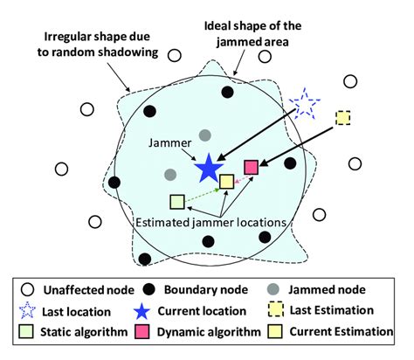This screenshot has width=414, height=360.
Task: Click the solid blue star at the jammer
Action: [x=208, y=168]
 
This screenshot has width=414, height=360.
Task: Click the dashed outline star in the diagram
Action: [x=305, y=105]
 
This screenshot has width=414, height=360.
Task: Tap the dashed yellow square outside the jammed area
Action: [x=344, y=117]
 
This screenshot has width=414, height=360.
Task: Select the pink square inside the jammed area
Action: [x=252, y=166]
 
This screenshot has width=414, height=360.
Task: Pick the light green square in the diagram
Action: [x=177, y=202]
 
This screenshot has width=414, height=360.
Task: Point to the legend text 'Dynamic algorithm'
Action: [x=210, y=332]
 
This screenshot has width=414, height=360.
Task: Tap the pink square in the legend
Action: [x=148, y=332]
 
